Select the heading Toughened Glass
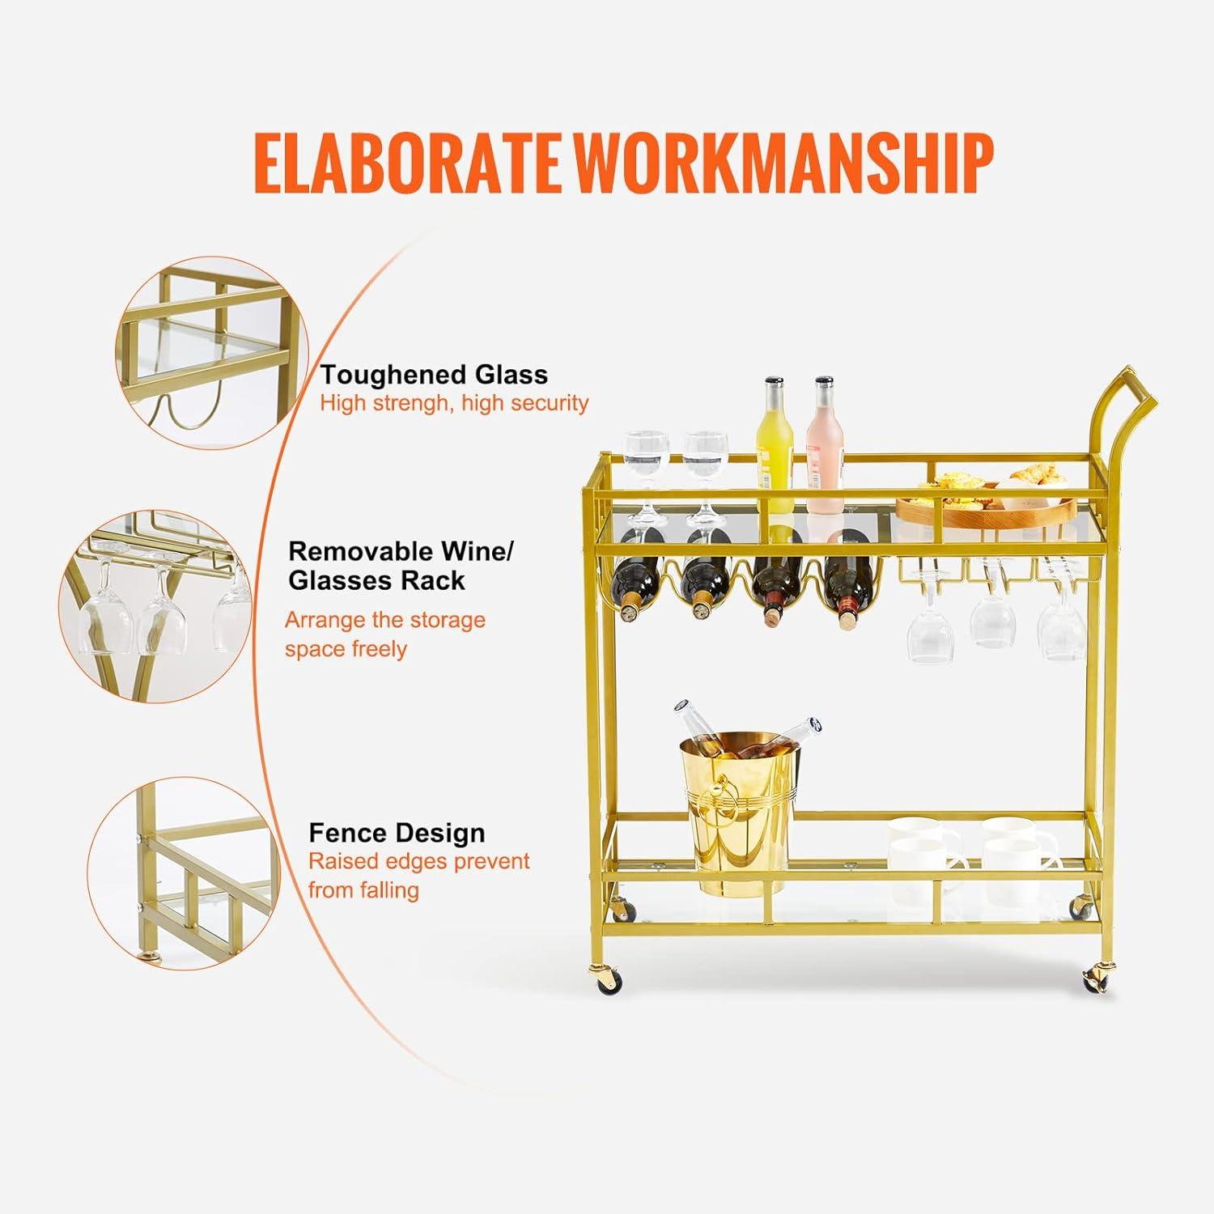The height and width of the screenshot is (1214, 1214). (x=434, y=375)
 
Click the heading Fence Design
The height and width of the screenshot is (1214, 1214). (x=397, y=833)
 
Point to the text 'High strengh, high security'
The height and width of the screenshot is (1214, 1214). (x=454, y=403)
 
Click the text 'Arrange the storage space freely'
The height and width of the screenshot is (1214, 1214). (x=385, y=635)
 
